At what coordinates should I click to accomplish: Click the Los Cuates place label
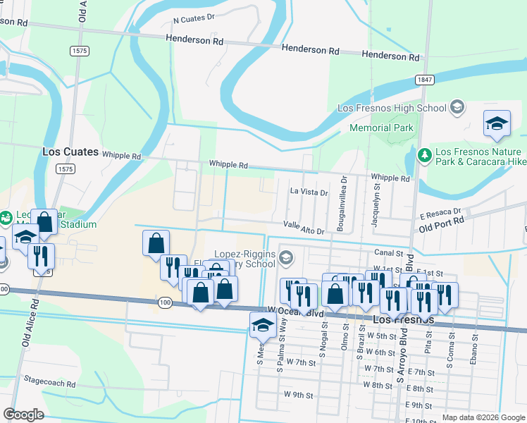(x=66, y=152)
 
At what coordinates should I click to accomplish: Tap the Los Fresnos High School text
(x=392, y=108)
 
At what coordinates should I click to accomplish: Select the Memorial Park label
(x=381, y=128)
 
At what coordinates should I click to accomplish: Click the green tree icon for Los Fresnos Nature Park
(x=424, y=154)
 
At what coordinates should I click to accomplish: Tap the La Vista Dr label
(x=309, y=192)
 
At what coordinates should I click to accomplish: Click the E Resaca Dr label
(x=440, y=212)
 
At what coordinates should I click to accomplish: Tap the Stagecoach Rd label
(x=49, y=384)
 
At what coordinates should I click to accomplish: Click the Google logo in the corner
(x=23, y=415)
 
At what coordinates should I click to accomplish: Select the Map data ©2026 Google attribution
(x=483, y=417)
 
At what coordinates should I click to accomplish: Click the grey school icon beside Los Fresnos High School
(x=457, y=107)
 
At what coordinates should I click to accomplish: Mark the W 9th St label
(x=298, y=395)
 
